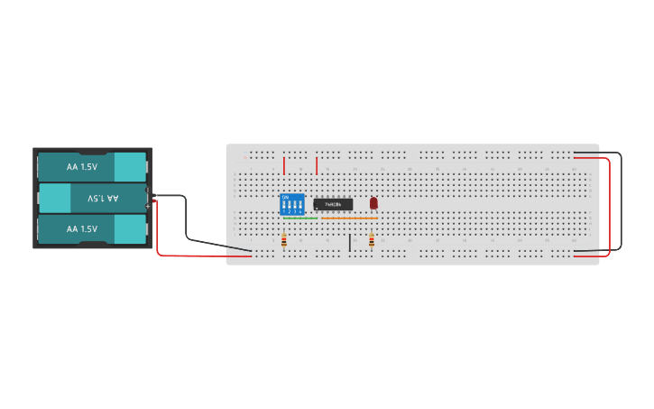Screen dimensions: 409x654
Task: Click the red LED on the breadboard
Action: click(x=373, y=203)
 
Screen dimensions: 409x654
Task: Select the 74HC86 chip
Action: click(x=333, y=204)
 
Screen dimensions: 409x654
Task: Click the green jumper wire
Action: click(x=299, y=218)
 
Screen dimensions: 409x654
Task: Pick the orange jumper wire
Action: click(x=350, y=218)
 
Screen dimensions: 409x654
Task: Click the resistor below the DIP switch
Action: click(x=285, y=240)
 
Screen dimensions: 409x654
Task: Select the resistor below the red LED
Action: click(x=372, y=240)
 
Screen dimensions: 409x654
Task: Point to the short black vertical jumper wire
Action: click(x=350, y=242)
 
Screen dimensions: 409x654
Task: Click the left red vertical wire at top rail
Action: click(x=284, y=165)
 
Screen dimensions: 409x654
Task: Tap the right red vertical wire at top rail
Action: click(x=317, y=165)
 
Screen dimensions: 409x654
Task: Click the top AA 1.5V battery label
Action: click(x=81, y=167)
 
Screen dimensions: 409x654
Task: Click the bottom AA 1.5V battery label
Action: click(x=81, y=229)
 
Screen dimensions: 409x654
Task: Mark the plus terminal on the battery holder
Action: click(x=149, y=207)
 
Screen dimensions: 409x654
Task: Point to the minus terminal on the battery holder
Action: click(x=149, y=190)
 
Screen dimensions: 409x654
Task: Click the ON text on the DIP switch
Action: click(x=286, y=197)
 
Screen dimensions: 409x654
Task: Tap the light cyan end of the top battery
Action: click(x=130, y=167)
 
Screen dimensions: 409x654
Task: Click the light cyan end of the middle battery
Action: click(x=54, y=198)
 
